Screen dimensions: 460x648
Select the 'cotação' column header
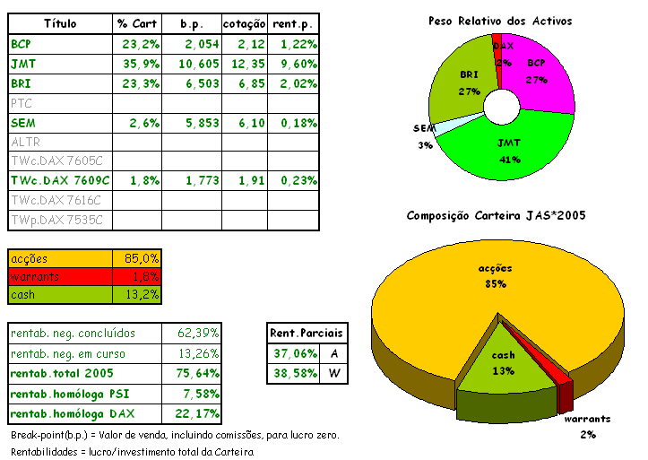(243, 22)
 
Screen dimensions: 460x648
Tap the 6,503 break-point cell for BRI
(186, 83)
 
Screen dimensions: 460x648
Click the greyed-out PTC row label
(21, 103)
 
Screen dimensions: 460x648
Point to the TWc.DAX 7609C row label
(56, 180)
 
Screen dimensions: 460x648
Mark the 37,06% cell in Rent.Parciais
(294, 353)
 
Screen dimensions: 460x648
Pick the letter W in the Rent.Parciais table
(333, 373)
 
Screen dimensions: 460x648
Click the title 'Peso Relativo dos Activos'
(500, 20)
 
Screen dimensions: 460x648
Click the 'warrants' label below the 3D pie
(586, 419)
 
